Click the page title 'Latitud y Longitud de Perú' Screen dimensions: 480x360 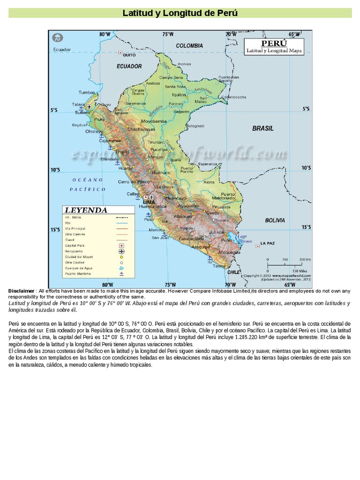(180, 13)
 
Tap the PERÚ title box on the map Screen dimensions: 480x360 (274, 46)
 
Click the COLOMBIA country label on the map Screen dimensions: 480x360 (189, 46)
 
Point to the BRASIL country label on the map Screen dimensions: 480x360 (262, 128)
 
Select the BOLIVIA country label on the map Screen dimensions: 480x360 (275, 220)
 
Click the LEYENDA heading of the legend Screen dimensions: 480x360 (86, 210)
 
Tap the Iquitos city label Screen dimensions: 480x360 (179, 95)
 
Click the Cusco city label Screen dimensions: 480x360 (213, 213)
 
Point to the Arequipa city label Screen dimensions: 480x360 (201, 247)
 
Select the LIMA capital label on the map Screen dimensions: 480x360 (149, 202)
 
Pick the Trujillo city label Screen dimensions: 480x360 (123, 152)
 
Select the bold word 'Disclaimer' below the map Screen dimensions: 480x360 (21, 291)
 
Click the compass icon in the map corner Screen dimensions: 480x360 (57, 37)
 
